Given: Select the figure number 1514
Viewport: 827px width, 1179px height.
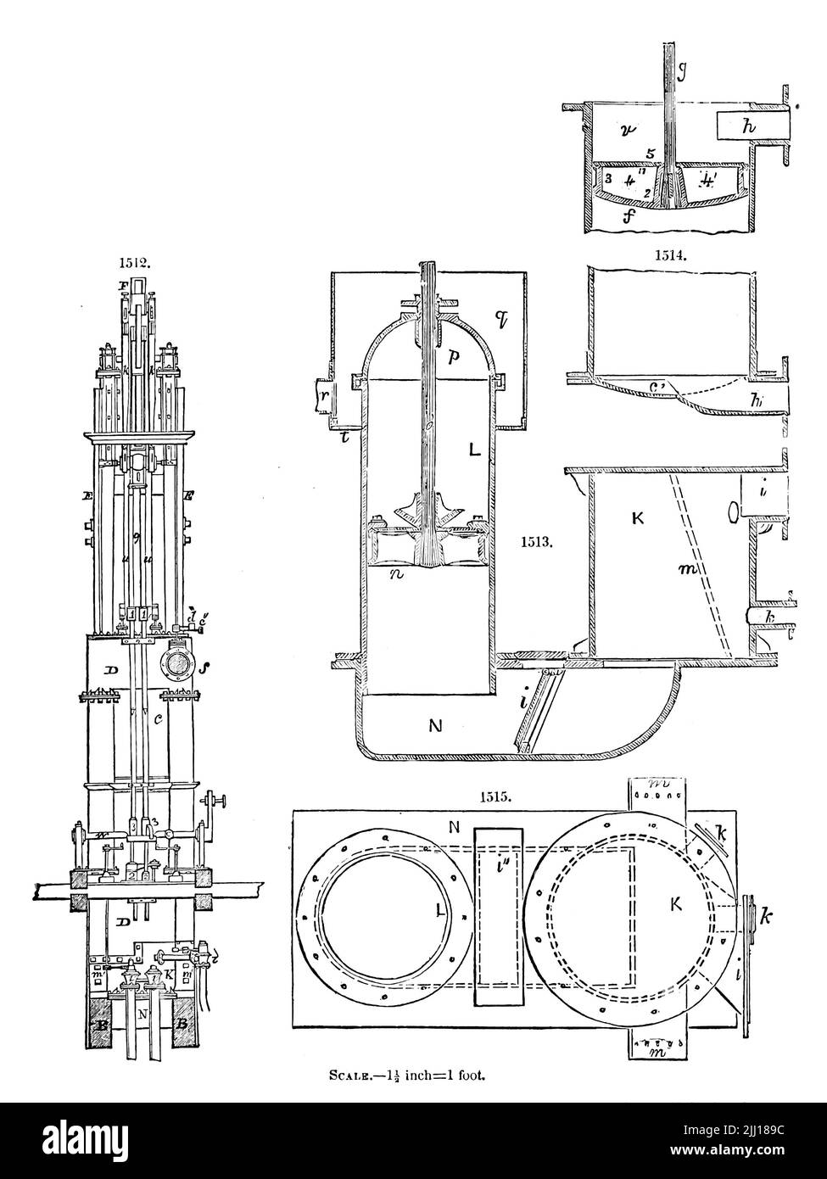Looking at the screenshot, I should pos(671,253).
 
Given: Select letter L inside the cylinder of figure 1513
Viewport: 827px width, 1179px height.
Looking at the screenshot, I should pos(474,450).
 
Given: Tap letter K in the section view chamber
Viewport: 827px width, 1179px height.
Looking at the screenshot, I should pos(638,517).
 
